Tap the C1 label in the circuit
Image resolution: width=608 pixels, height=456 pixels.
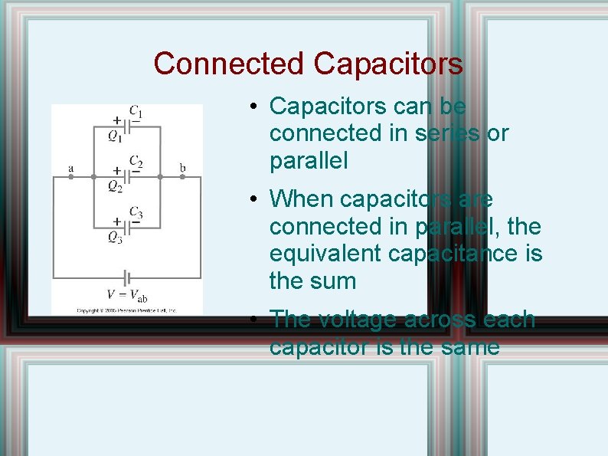point(136,113)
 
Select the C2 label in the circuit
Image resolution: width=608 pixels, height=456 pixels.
point(136,162)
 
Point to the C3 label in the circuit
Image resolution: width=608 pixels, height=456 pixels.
point(136,212)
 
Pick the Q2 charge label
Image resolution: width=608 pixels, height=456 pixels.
point(115,187)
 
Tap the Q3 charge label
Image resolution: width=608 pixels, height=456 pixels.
point(115,238)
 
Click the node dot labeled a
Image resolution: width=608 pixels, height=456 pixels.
point(70,176)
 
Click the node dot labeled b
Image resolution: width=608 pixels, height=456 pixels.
point(182,176)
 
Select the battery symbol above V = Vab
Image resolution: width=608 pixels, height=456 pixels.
point(127,277)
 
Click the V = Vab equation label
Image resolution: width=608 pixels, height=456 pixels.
point(126,294)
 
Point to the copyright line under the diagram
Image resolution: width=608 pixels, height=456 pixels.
point(126,310)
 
